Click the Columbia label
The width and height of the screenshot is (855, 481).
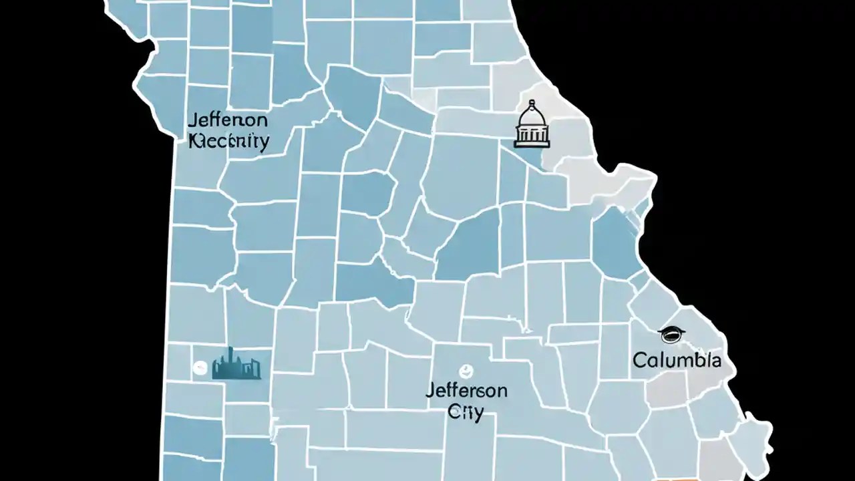(x=677, y=360)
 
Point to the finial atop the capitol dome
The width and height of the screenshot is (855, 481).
(x=532, y=102)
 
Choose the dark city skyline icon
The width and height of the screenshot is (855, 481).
(x=236, y=365)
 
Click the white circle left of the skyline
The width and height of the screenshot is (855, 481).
(x=200, y=367)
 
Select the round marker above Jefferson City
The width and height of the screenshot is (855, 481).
(x=466, y=369)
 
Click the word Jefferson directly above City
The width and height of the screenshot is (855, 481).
(x=466, y=390)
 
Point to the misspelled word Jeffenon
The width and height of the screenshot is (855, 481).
(x=228, y=122)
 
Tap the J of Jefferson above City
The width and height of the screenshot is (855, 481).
(x=430, y=390)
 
